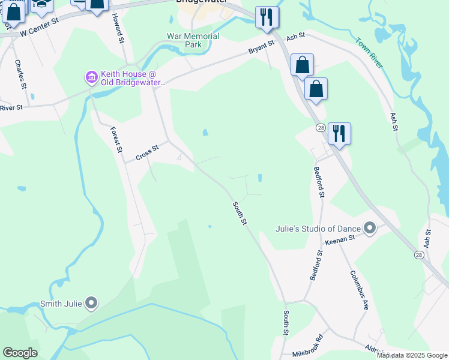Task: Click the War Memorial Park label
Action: pyautogui.click(x=193, y=40)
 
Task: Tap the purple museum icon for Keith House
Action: pyautogui.click(x=91, y=77)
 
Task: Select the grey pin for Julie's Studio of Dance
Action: pyautogui.click(x=370, y=228)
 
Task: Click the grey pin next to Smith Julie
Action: pyautogui.click(x=91, y=304)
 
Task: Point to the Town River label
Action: pyautogui.click(x=369, y=53)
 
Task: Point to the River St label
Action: pyautogui.click(x=11, y=108)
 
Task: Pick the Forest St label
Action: pyautogui.click(x=116, y=140)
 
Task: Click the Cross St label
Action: pyautogui.click(x=147, y=153)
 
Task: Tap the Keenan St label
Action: pyautogui.click(x=341, y=239)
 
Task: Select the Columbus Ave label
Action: pyautogui.click(x=359, y=289)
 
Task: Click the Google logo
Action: pyautogui.click(x=20, y=353)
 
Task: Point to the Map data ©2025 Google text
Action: pyautogui.click(x=412, y=355)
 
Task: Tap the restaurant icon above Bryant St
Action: pyautogui.click(x=267, y=18)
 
